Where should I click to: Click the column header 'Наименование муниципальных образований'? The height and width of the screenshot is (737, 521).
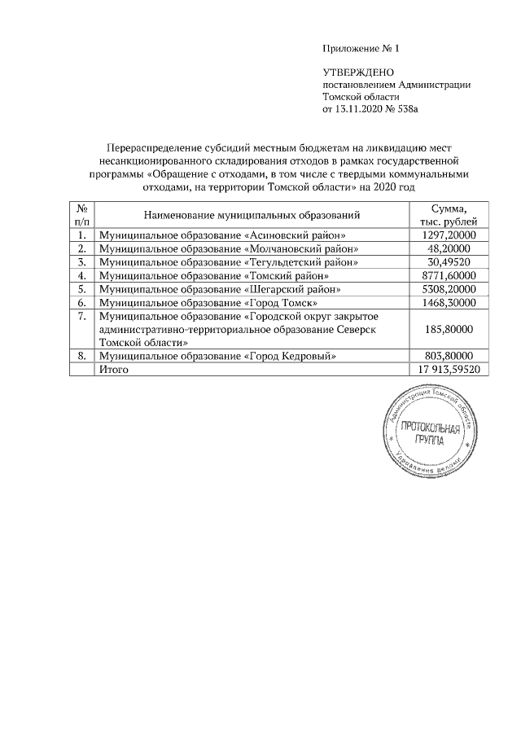click(x=252, y=215)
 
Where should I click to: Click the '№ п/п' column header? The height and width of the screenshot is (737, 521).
click(x=82, y=215)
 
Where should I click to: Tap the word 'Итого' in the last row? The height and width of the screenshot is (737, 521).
click(x=114, y=369)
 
